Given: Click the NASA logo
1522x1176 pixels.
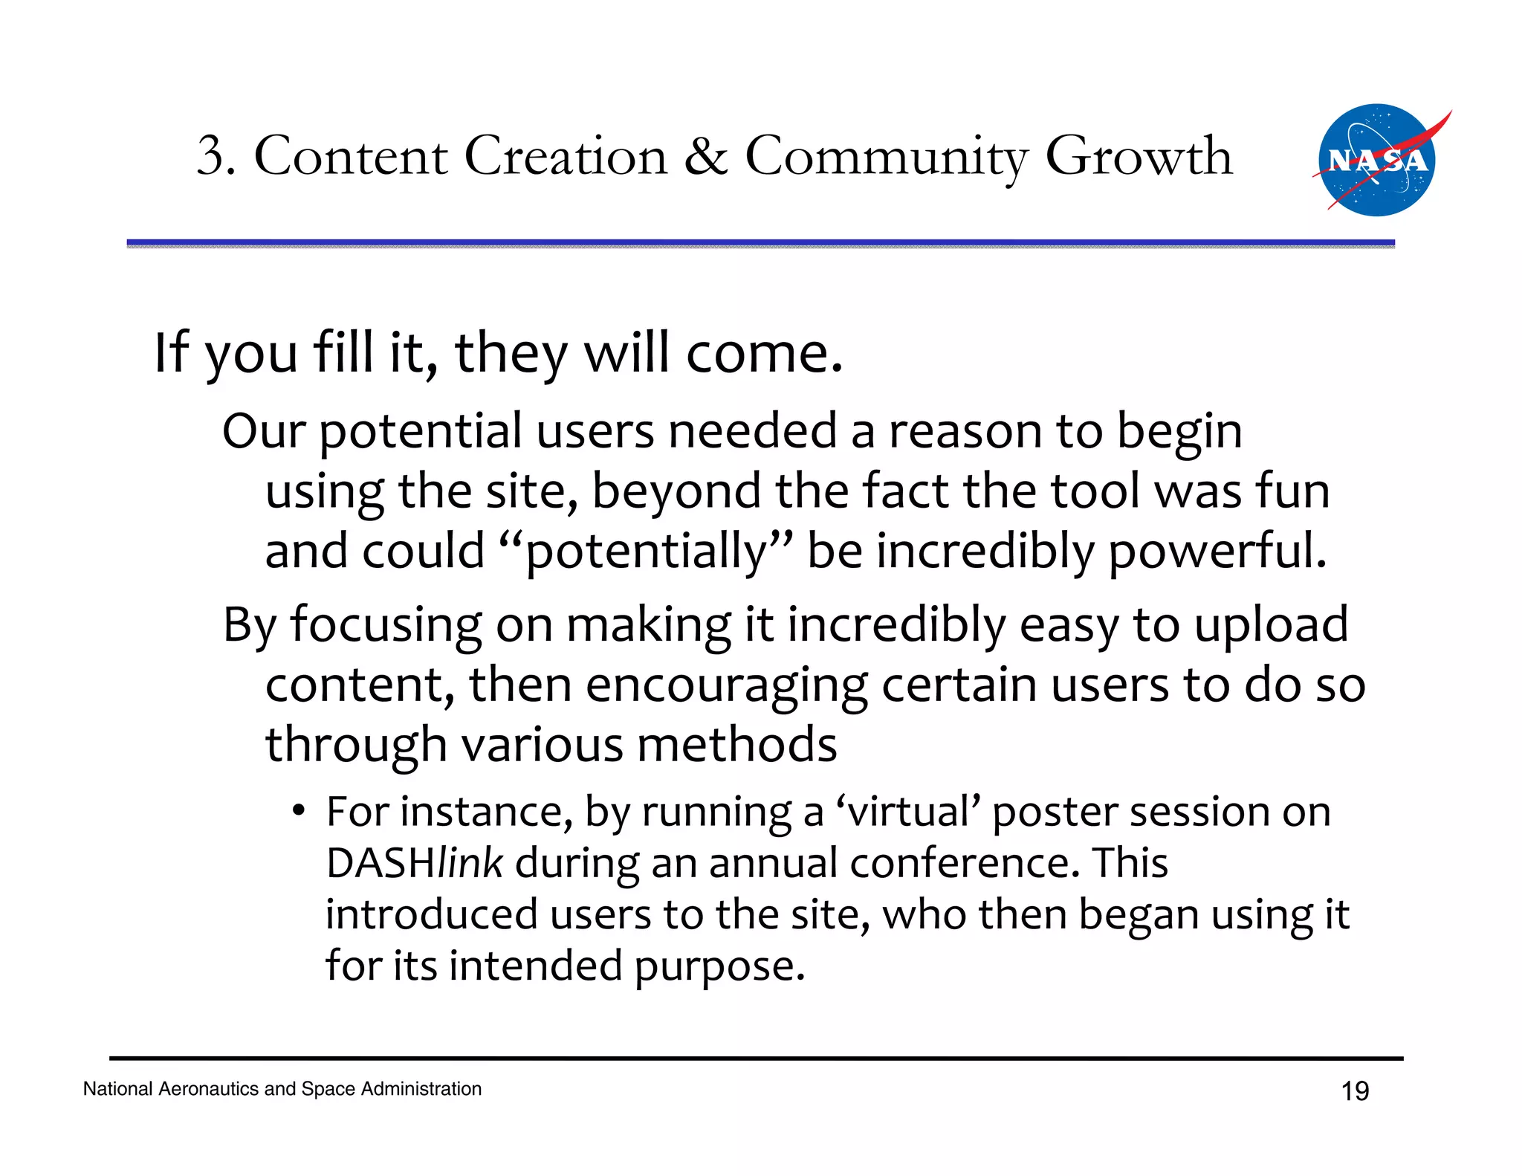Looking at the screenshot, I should [x=1376, y=161].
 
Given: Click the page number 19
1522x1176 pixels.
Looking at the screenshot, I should [x=1355, y=1091].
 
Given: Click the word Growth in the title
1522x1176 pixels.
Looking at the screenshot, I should [x=1139, y=157].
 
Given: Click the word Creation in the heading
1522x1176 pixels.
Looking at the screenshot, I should [x=566, y=157].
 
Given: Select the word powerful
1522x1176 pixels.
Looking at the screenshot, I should [x=1217, y=552].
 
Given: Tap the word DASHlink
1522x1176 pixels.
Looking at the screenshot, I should [x=415, y=863].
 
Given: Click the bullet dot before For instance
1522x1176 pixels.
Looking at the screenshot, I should [x=298, y=810].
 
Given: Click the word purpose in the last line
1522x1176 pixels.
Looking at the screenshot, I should [x=719, y=966].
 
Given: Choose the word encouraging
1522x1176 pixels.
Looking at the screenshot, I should [x=726, y=685].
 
